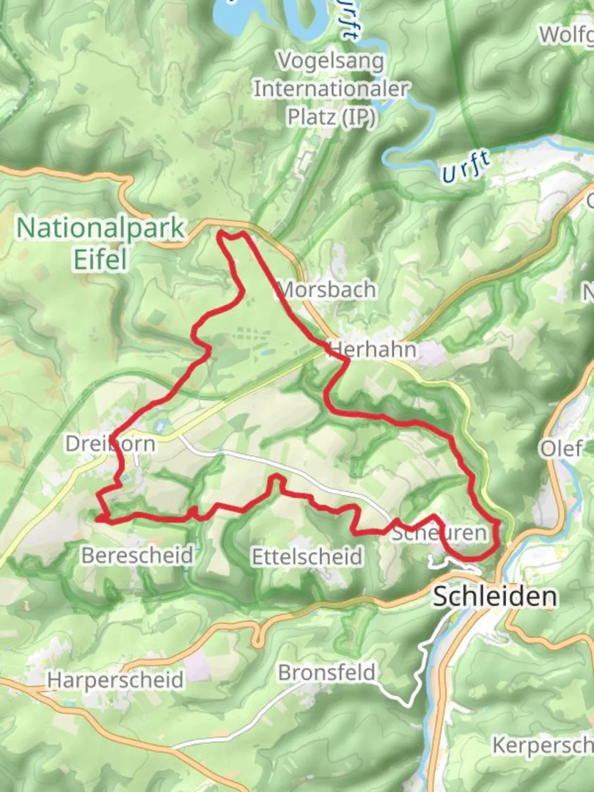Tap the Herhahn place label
(373, 350)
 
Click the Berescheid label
(137, 555)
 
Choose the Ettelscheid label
(307, 557)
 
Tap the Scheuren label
(439, 533)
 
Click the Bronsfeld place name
(326, 672)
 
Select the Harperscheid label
(115, 680)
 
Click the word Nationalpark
(100, 228)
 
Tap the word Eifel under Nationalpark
(100, 258)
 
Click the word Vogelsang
(330, 61)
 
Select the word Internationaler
(331, 89)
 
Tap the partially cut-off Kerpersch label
(543, 745)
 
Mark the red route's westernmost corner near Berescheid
(98, 517)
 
